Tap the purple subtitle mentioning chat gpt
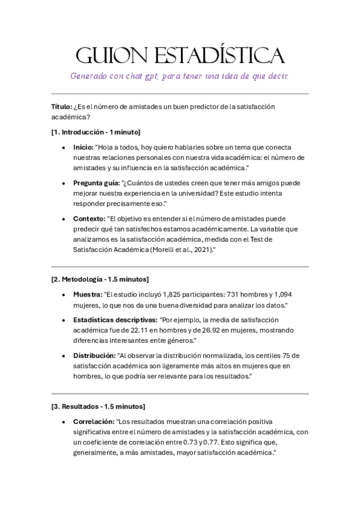point(180,76)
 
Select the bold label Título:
point(61,106)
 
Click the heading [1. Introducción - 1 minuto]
point(96,132)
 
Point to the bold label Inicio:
point(83,147)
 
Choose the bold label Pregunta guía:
point(96,183)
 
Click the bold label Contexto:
point(89,219)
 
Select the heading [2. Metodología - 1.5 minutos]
point(100,279)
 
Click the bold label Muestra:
point(87,295)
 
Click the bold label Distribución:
point(94,355)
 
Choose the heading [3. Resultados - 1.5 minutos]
point(98,407)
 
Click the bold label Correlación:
point(93,422)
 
